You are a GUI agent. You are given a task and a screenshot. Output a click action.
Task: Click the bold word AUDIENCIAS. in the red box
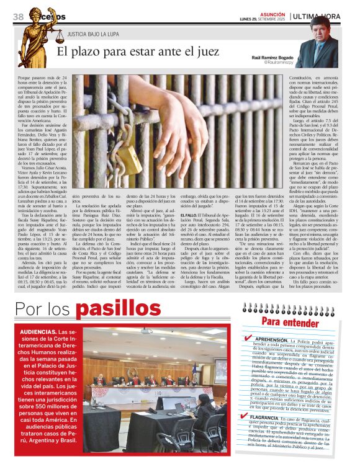(x=38, y=331)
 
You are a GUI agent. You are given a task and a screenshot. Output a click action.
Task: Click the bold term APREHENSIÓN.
(x=271, y=341)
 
